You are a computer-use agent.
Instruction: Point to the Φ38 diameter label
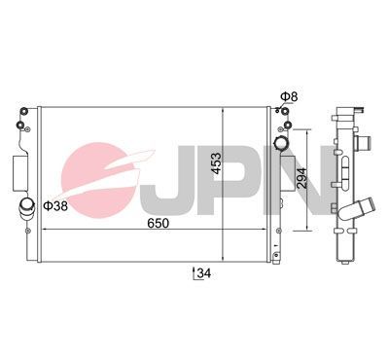56,206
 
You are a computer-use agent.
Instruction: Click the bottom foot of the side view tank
343,261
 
